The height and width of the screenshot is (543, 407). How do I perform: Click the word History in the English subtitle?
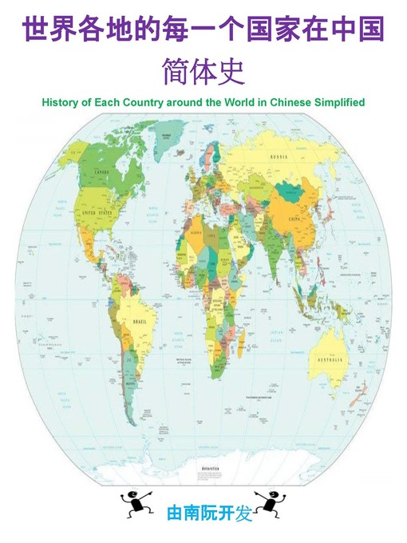[57, 103]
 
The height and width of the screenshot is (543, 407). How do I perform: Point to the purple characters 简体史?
[203, 71]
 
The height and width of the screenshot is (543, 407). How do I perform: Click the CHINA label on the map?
[296, 216]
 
